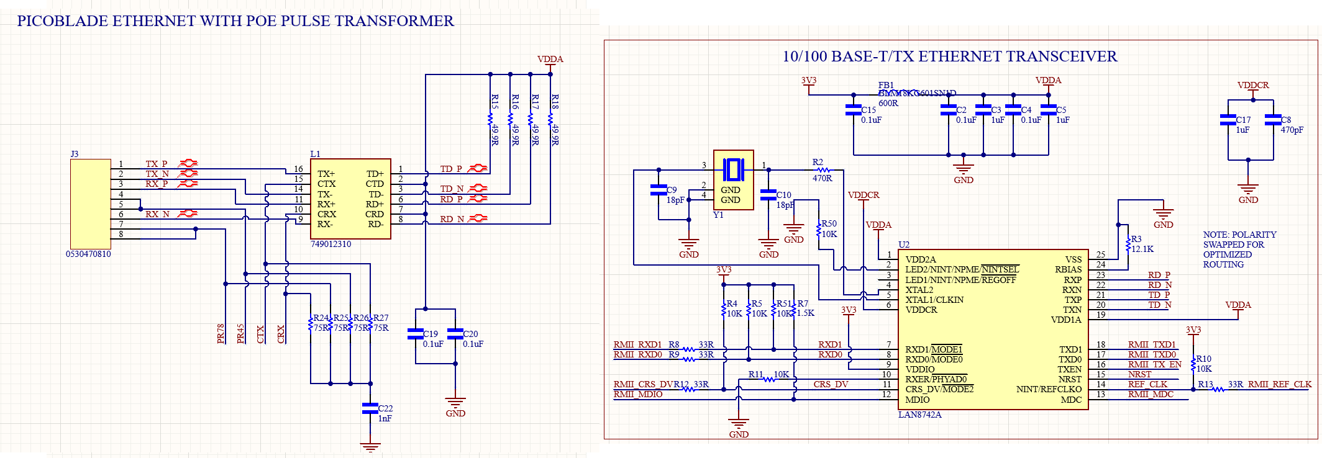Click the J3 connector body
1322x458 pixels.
[x=90, y=204]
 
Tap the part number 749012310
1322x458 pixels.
[x=330, y=244]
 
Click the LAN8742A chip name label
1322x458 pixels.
[x=919, y=415]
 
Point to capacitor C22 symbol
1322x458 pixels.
[x=370, y=408]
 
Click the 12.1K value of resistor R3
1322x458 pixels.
[x=1142, y=249]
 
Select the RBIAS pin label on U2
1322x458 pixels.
[x=1068, y=269]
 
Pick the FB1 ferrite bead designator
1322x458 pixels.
[x=886, y=85]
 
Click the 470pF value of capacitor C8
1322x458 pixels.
[x=1292, y=130]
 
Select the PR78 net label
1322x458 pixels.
[x=221, y=333]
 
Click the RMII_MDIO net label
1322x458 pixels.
[x=638, y=394]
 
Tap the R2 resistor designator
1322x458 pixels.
[x=818, y=162]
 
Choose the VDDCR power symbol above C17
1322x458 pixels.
[x=1253, y=86]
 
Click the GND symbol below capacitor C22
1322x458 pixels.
[x=370, y=447]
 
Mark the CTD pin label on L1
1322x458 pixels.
[x=375, y=184]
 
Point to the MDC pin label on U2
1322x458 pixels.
[x=1071, y=400]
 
